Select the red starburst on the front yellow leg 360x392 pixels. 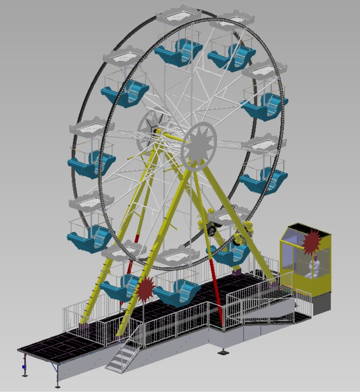tap(145, 289)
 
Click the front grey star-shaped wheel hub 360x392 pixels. tap(199, 147)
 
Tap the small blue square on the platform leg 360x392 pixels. tap(24, 367)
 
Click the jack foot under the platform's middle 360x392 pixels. tap(222, 352)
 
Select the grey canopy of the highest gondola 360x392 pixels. tap(179, 15)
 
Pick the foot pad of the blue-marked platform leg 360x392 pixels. tap(25, 376)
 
